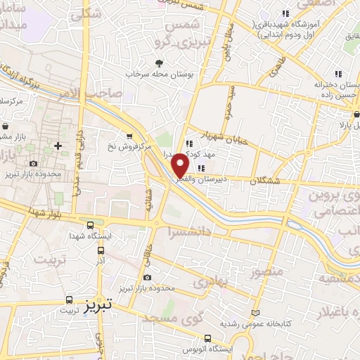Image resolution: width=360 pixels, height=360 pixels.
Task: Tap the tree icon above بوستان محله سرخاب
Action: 168,63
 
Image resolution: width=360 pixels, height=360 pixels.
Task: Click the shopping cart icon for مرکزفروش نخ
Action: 129,136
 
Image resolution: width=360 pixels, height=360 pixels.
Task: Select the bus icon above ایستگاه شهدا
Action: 89,226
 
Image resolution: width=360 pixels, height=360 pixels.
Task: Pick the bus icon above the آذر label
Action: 101,250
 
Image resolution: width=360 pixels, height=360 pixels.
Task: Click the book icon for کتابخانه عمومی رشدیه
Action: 255,313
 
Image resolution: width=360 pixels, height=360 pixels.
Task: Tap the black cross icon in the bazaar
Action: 58,146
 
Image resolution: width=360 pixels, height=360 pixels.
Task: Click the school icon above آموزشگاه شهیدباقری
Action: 285,13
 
